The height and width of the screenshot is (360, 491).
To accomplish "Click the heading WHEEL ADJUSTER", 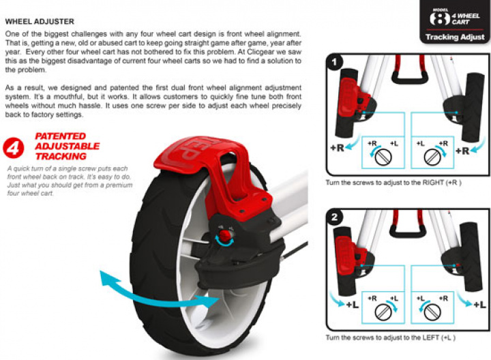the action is [40, 22].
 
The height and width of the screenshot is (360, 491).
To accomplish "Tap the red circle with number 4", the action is [14, 148].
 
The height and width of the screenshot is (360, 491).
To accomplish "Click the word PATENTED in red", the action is [61, 136].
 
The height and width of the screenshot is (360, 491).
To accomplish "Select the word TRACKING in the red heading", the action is [61, 156].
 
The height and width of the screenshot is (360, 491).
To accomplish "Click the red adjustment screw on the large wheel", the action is [224, 235].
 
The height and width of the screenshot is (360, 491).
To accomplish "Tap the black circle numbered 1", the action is [334, 62].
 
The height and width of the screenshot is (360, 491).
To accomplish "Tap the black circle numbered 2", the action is [334, 217].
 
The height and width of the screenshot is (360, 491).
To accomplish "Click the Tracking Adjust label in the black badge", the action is [455, 37].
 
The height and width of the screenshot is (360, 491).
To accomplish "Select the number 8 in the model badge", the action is [440, 18].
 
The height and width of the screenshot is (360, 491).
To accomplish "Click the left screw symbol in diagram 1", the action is [383, 157].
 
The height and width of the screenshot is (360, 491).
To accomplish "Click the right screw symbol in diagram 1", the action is [432, 157].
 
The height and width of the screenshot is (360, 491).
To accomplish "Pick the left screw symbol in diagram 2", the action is [383, 312].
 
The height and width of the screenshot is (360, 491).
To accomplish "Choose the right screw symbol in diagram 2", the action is [432, 312].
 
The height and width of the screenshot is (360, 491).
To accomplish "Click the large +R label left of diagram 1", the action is [338, 148].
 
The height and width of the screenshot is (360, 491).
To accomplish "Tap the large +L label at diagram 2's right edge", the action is [479, 305].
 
